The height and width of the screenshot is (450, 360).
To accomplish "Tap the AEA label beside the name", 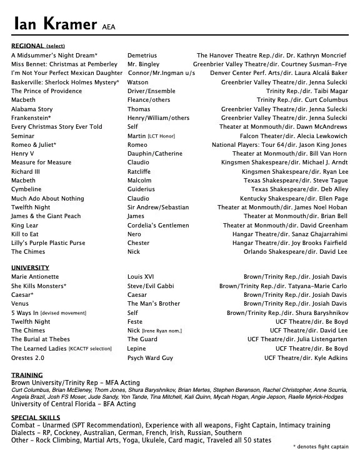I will (x=108, y=27).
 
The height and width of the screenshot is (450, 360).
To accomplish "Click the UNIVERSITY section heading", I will (x=30, y=267).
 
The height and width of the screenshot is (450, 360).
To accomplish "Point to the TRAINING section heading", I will (x=27, y=375).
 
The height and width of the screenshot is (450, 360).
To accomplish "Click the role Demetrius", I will (x=142, y=55).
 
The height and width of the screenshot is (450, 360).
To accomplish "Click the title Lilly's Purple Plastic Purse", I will (x=48, y=243).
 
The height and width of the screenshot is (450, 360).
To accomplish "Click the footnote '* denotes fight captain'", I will (x=321, y=446).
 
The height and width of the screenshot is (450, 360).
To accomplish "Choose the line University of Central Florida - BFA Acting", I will (x=73, y=404).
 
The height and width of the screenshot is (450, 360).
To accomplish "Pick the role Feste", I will (x=136, y=321).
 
